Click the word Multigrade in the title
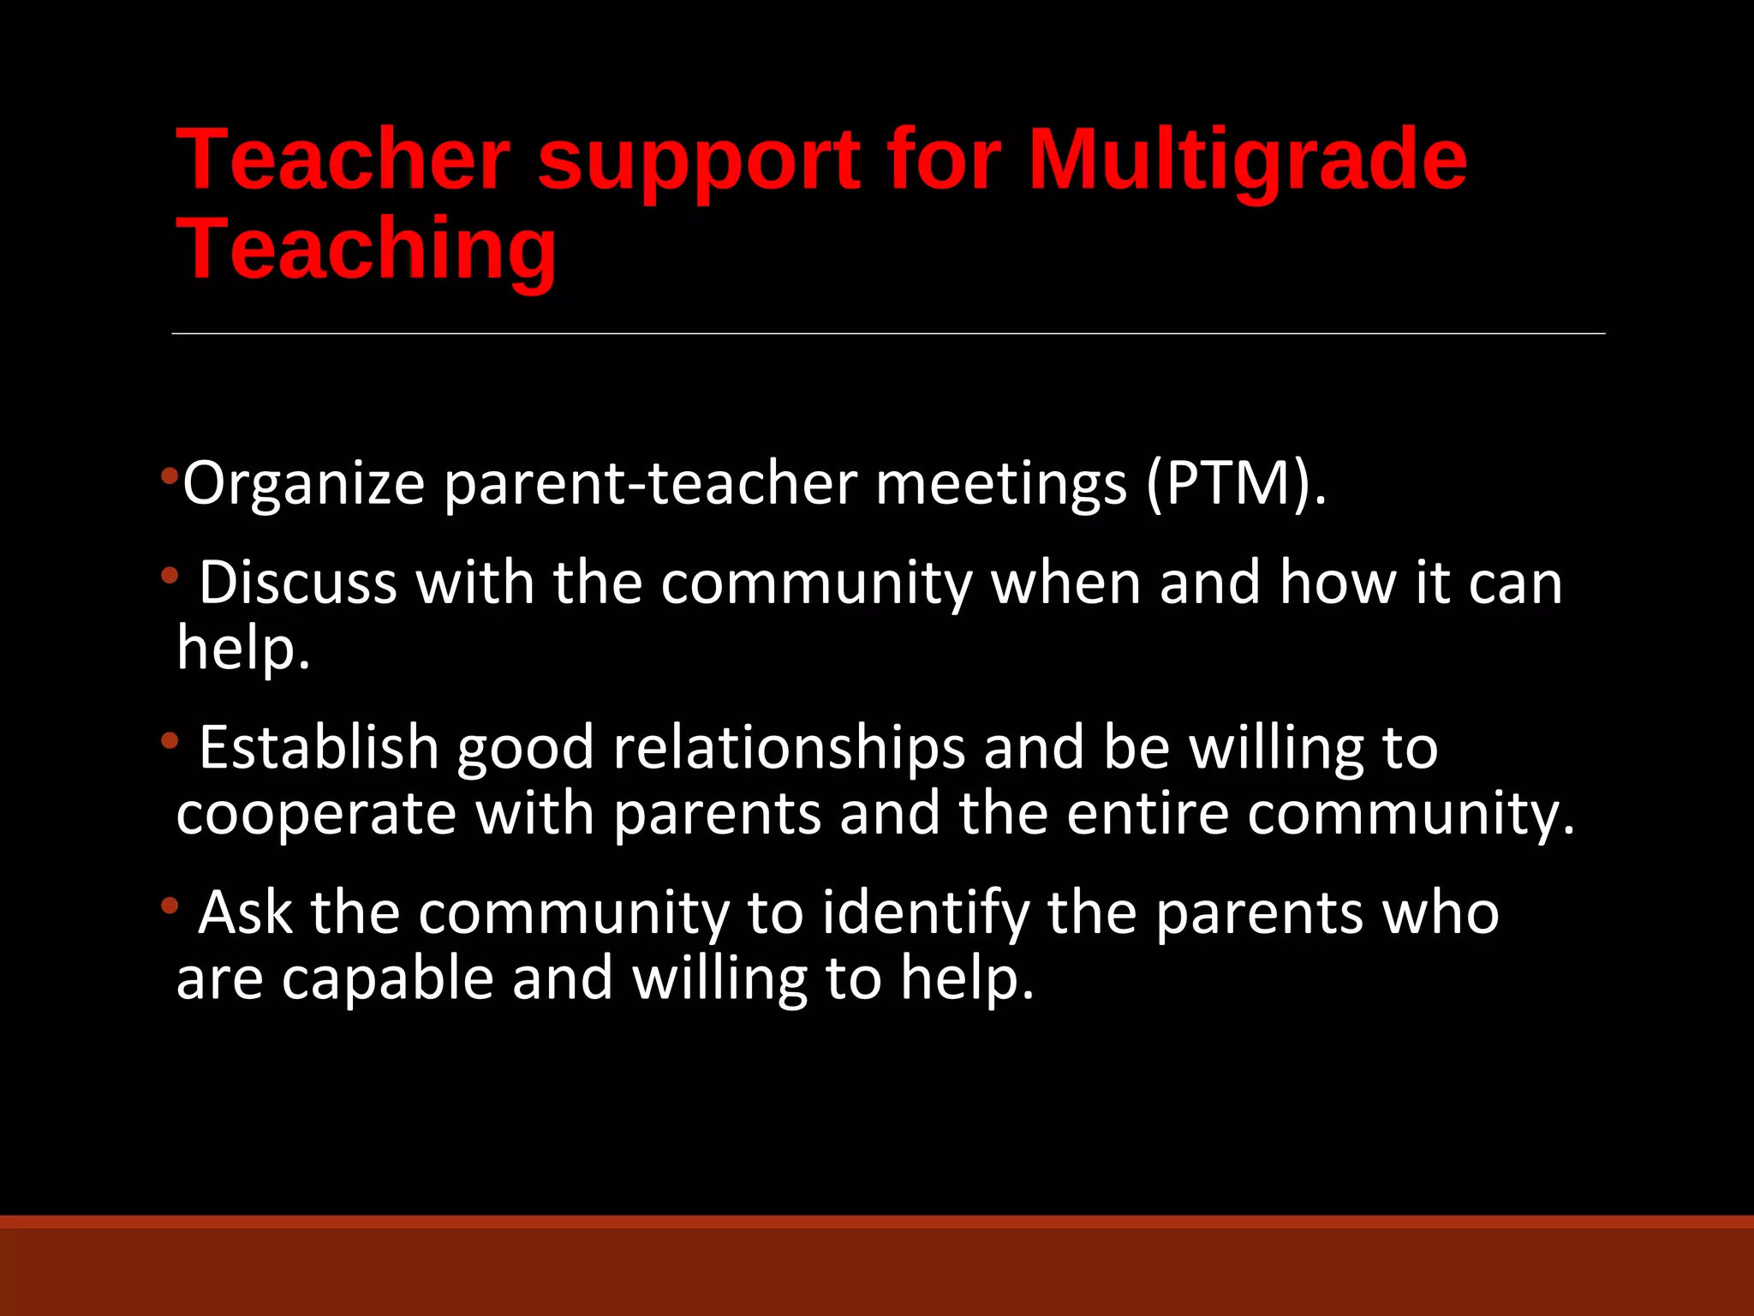coord(1247,159)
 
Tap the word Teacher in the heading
coord(343,159)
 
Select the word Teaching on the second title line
coord(367,249)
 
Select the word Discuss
coord(298,583)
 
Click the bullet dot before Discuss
coord(170,576)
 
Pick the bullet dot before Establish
coord(170,740)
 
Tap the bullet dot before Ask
coord(170,905)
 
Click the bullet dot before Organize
coord(170,474)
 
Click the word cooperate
coord(316,814)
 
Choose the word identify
coord(925,913)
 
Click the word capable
coord(387,978)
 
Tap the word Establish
coord(319,747)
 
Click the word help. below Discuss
coord(243,649)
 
